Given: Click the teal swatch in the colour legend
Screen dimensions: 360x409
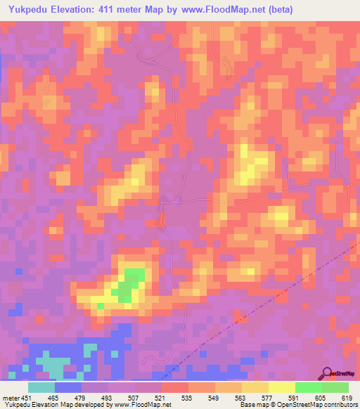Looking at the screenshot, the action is tap(41, 387).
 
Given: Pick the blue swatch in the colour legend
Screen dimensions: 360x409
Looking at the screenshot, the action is tap(68, 387).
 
